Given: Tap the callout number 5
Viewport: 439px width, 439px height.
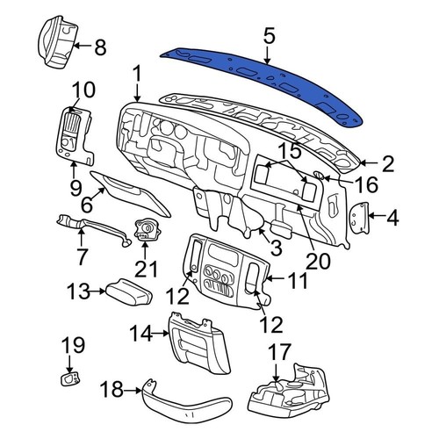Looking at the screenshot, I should coord(270,36).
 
